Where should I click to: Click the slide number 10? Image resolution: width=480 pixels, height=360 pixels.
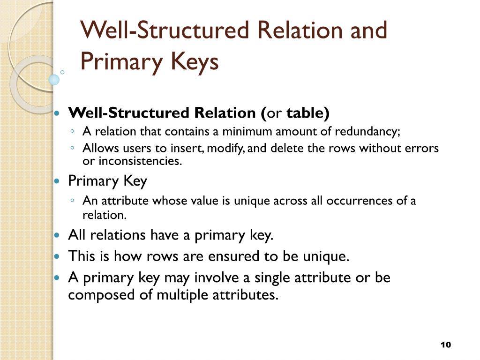445,345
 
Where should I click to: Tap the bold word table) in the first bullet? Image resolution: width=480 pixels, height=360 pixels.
308,113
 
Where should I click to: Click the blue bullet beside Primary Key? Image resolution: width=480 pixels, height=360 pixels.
58,181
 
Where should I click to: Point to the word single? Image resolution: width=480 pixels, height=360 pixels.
273,277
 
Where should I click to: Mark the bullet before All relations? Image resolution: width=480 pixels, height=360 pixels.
58,235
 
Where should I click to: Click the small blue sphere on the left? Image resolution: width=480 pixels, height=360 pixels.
54,80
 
